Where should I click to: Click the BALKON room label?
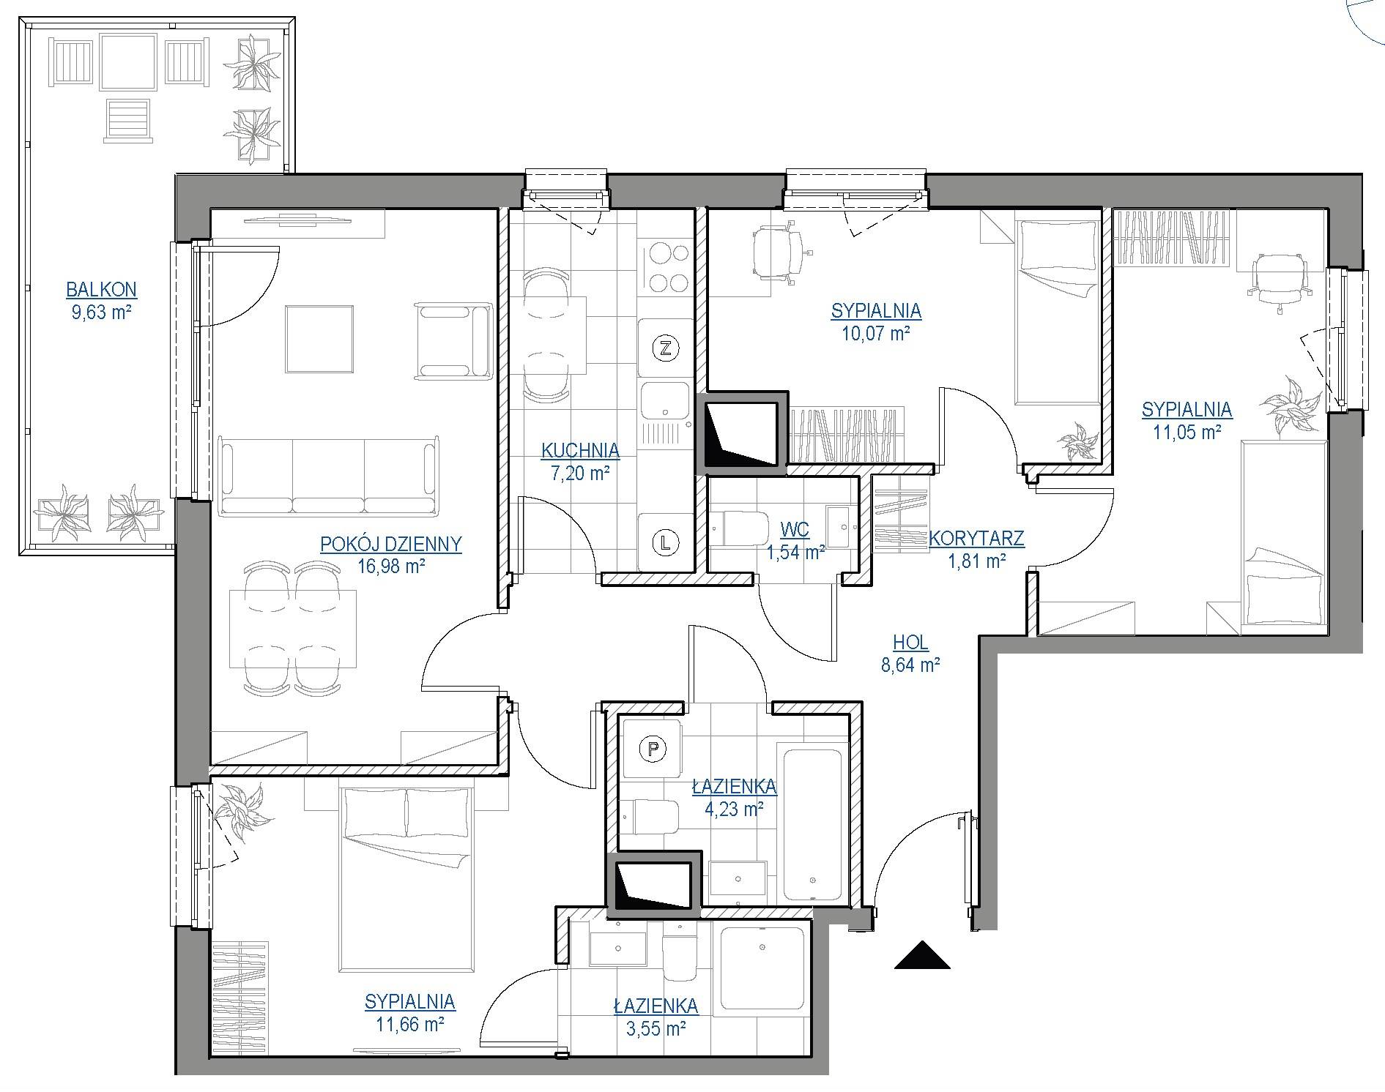point(101,290)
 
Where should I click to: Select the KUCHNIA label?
point(580,450)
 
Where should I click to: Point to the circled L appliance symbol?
point(665,542)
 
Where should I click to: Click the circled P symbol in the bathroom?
point(652,748)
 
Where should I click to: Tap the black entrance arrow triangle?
point(922,955)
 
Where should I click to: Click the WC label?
point(795,529)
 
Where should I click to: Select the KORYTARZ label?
point(976,539)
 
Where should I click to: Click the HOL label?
point(910,643)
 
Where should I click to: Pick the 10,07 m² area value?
point(876,334)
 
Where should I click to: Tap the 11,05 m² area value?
point(1187,432)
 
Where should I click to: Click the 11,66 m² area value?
point(410,1024)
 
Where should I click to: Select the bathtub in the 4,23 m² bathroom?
point(812,826)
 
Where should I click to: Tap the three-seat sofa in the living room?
point(329,476)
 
